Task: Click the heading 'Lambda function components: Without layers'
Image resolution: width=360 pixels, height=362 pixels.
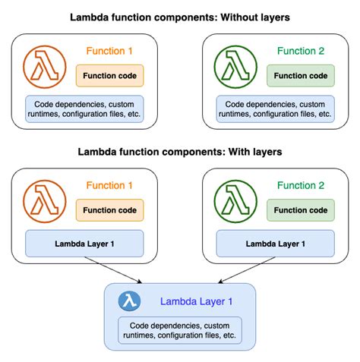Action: click(x=180, y=17)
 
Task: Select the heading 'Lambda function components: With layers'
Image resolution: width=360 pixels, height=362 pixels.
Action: click(x=180, y=152)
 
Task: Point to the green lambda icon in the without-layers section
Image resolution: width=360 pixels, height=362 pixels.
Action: click(x=236, y=66)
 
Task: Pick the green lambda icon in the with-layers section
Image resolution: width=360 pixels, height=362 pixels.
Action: click(x=236, y=201)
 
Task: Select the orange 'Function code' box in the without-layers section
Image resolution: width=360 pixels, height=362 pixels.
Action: click(x=109, y=76)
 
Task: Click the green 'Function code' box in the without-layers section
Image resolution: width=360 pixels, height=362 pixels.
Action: click(x=300, y=76)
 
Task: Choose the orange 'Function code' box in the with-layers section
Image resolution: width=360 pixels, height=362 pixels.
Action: click(x=109, y=211)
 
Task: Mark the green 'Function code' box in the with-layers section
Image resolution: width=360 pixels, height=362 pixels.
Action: click(x=300, y=211)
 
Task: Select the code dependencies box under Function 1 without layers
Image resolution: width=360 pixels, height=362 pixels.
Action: click(x=84, y=109)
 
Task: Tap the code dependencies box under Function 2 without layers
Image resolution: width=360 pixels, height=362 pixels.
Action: click(x=275, y=109)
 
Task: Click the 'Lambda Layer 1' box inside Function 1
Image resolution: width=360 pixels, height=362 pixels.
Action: click(x=84, y=244)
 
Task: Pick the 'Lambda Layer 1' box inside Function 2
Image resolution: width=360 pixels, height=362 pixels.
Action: click(x=275, y=244)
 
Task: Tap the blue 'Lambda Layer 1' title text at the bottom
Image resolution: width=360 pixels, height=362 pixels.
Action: click(x=196, y=301)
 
